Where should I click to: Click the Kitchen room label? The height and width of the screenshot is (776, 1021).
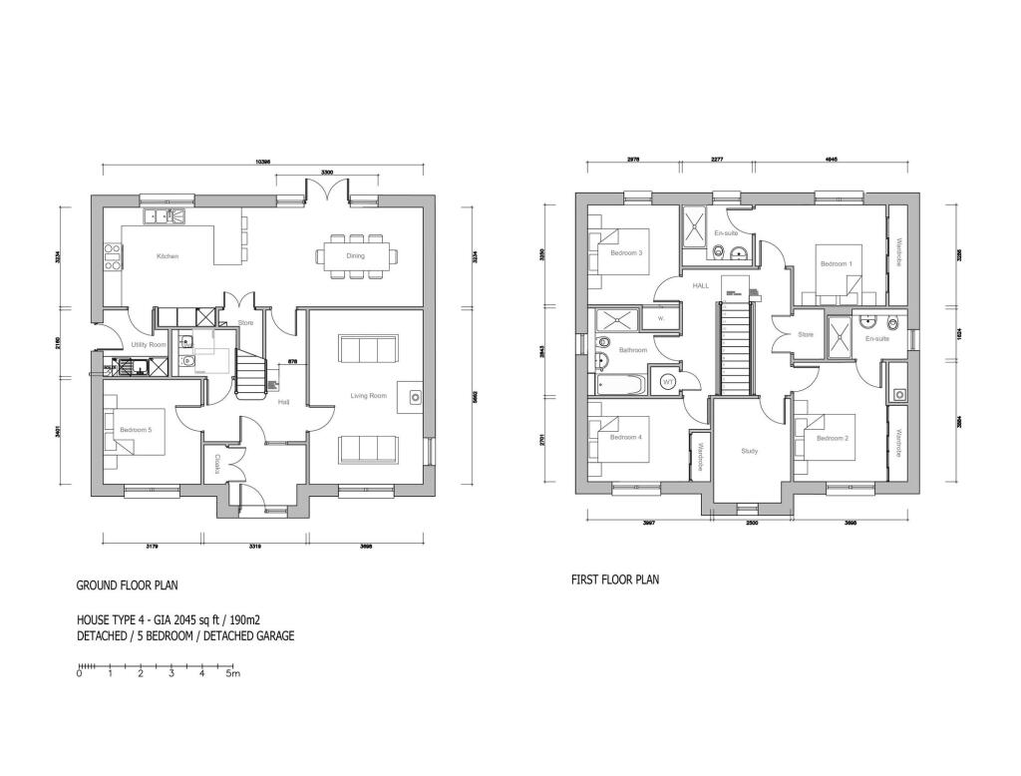click(x=168, y=256)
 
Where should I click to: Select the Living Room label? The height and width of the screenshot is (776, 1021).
click(x=367, y=396)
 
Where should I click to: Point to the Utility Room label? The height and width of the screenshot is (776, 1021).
click(x=148, y=344)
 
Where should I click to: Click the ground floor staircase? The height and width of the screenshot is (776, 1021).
click(x=253, y=375)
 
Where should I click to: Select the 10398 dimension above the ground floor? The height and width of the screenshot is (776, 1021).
click(x=262, y=162)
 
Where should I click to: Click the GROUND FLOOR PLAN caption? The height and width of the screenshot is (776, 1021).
click(x=128, y=585)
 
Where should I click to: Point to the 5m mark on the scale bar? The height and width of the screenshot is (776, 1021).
click(x=233, y=674)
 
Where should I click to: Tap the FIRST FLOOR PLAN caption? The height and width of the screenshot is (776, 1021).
click(x=614, y=580)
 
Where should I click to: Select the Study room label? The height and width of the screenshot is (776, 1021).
click(x=749, y=451)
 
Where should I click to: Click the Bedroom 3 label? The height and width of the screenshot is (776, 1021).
click(x=625, y=252)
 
